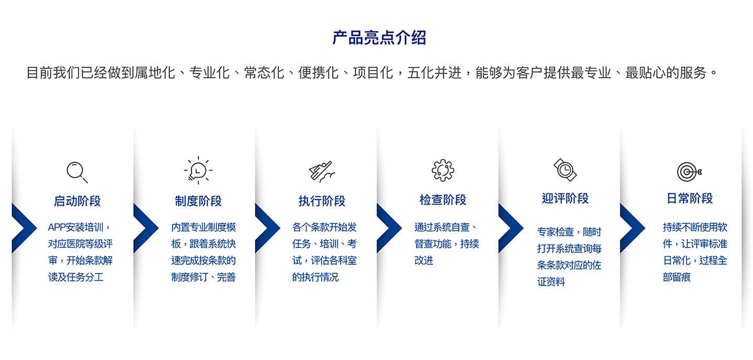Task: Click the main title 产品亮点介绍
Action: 379,38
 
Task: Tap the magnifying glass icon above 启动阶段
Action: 77,172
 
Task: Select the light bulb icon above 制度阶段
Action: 198,170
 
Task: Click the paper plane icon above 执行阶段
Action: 322,171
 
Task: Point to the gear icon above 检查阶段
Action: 443,170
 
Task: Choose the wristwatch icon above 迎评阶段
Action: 565,170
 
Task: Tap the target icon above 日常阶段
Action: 689,172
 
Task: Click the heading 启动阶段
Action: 78,201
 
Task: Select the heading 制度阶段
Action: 198,201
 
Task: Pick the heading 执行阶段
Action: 322,201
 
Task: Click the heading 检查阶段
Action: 443,200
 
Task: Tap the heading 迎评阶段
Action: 565,198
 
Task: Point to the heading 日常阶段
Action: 690,198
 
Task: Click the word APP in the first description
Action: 57,227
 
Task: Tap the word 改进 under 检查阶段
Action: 423,260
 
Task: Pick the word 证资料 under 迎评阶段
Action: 551,282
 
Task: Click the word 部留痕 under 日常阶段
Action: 676,277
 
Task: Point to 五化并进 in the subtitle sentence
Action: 434,73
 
